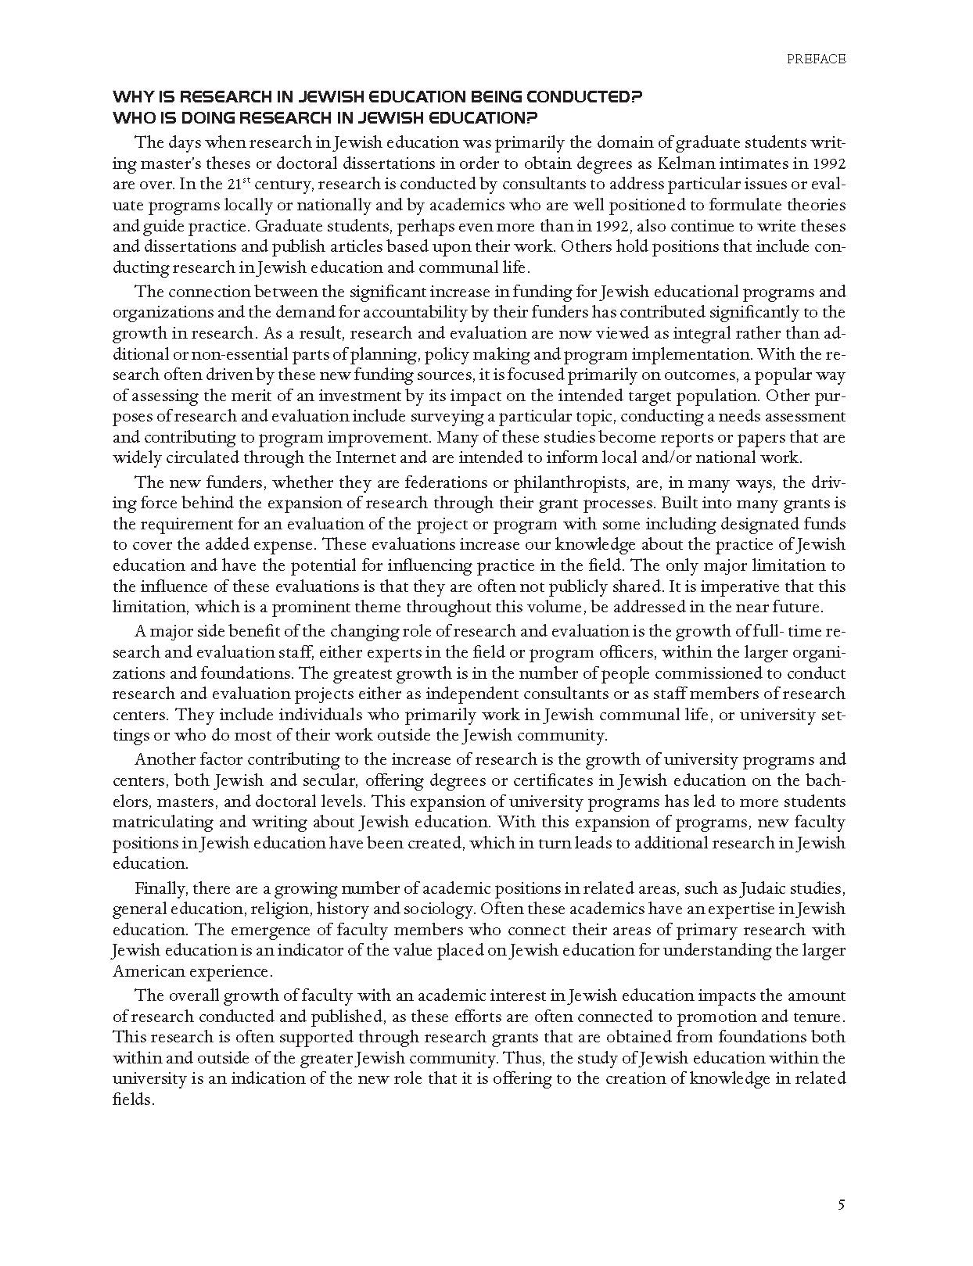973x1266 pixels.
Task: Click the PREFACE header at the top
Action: tap(817, 59)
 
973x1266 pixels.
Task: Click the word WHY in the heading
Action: tap(130, 98)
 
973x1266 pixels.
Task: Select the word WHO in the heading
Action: tap(131, 118)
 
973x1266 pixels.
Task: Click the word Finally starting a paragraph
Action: tap(160, 888)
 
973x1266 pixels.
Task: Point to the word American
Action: tap(147, 972)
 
